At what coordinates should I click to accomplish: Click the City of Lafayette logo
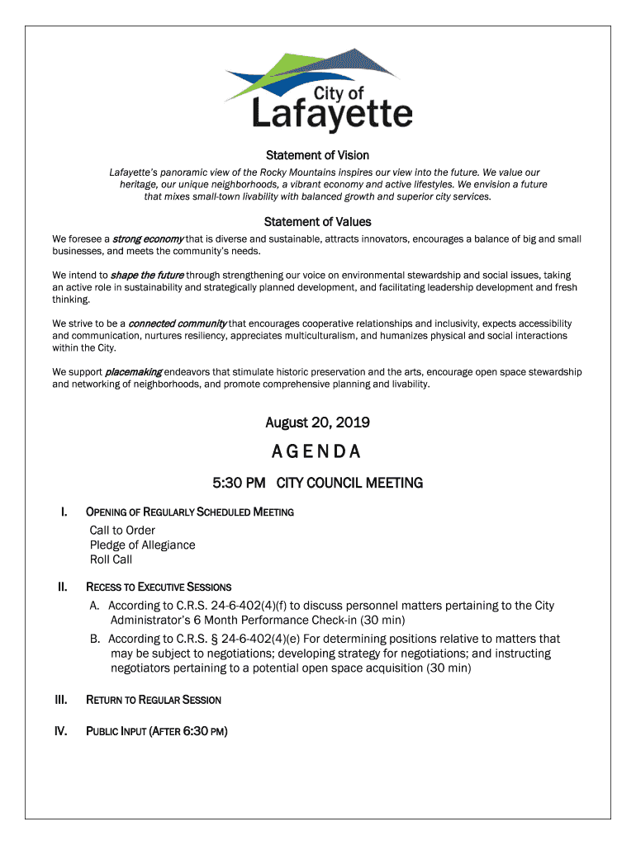(318, 91)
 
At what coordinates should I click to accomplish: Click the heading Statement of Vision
(317, 155)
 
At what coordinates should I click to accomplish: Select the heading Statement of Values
(317, 222)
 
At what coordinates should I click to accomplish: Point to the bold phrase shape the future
(147, 275)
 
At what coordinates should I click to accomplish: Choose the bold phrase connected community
(178, 323)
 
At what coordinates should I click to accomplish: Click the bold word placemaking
(133, 372)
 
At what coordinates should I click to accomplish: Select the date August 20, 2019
(317, 423)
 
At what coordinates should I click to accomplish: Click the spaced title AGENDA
(317, 452)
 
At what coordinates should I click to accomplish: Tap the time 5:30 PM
(239, 483)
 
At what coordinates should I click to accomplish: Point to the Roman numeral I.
(64, 512)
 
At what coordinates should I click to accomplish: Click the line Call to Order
(122, 530)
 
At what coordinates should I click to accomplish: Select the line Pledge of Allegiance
(142, 545)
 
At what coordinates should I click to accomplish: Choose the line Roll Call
(111, 559)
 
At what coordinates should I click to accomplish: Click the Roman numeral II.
(62, 588)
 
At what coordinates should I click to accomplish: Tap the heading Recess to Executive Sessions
(159, 588)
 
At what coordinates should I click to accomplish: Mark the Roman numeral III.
(61, 700)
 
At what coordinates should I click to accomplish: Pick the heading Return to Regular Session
(154, 700)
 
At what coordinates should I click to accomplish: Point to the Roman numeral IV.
(61, 731)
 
